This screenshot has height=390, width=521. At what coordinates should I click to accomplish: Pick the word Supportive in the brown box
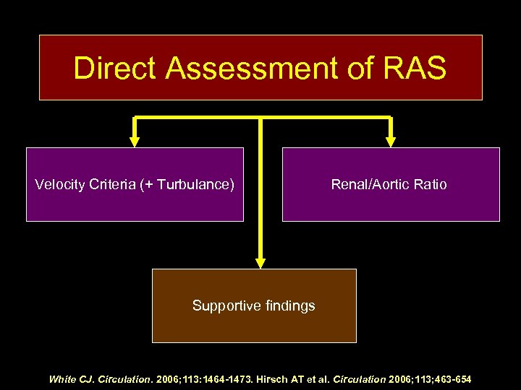point(224,306)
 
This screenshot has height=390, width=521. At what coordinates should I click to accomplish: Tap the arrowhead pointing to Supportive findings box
point(260,262)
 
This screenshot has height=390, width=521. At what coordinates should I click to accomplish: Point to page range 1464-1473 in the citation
point(223,379)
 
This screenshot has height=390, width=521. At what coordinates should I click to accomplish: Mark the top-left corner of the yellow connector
point(134,118)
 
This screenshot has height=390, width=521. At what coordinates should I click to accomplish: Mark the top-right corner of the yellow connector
point(391,118)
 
